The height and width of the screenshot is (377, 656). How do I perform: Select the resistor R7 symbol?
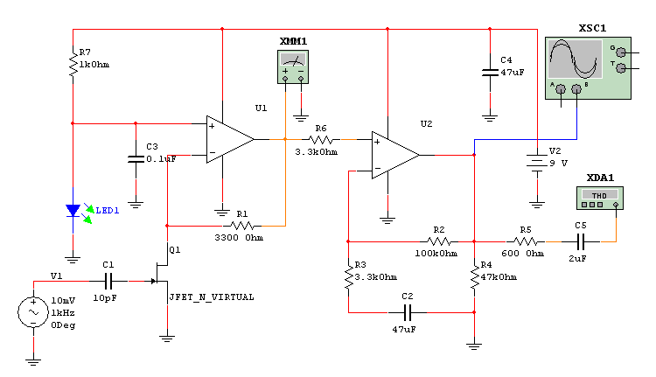tap(73, 62)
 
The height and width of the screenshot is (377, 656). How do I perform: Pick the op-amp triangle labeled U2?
tap(394, 155)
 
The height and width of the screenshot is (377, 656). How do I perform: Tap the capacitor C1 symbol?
tap(109, 281)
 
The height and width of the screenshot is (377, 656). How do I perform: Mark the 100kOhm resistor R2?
tap(439, 240)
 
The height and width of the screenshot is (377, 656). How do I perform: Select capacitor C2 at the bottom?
tap(407, 311)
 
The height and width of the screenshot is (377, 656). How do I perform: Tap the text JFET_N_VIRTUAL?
tap(212, 297)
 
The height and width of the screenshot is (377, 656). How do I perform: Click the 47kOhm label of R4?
tap(499, 277)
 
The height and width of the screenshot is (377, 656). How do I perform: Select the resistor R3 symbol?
tap(349, 276)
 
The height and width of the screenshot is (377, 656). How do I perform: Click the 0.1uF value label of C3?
tap(162, 159)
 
